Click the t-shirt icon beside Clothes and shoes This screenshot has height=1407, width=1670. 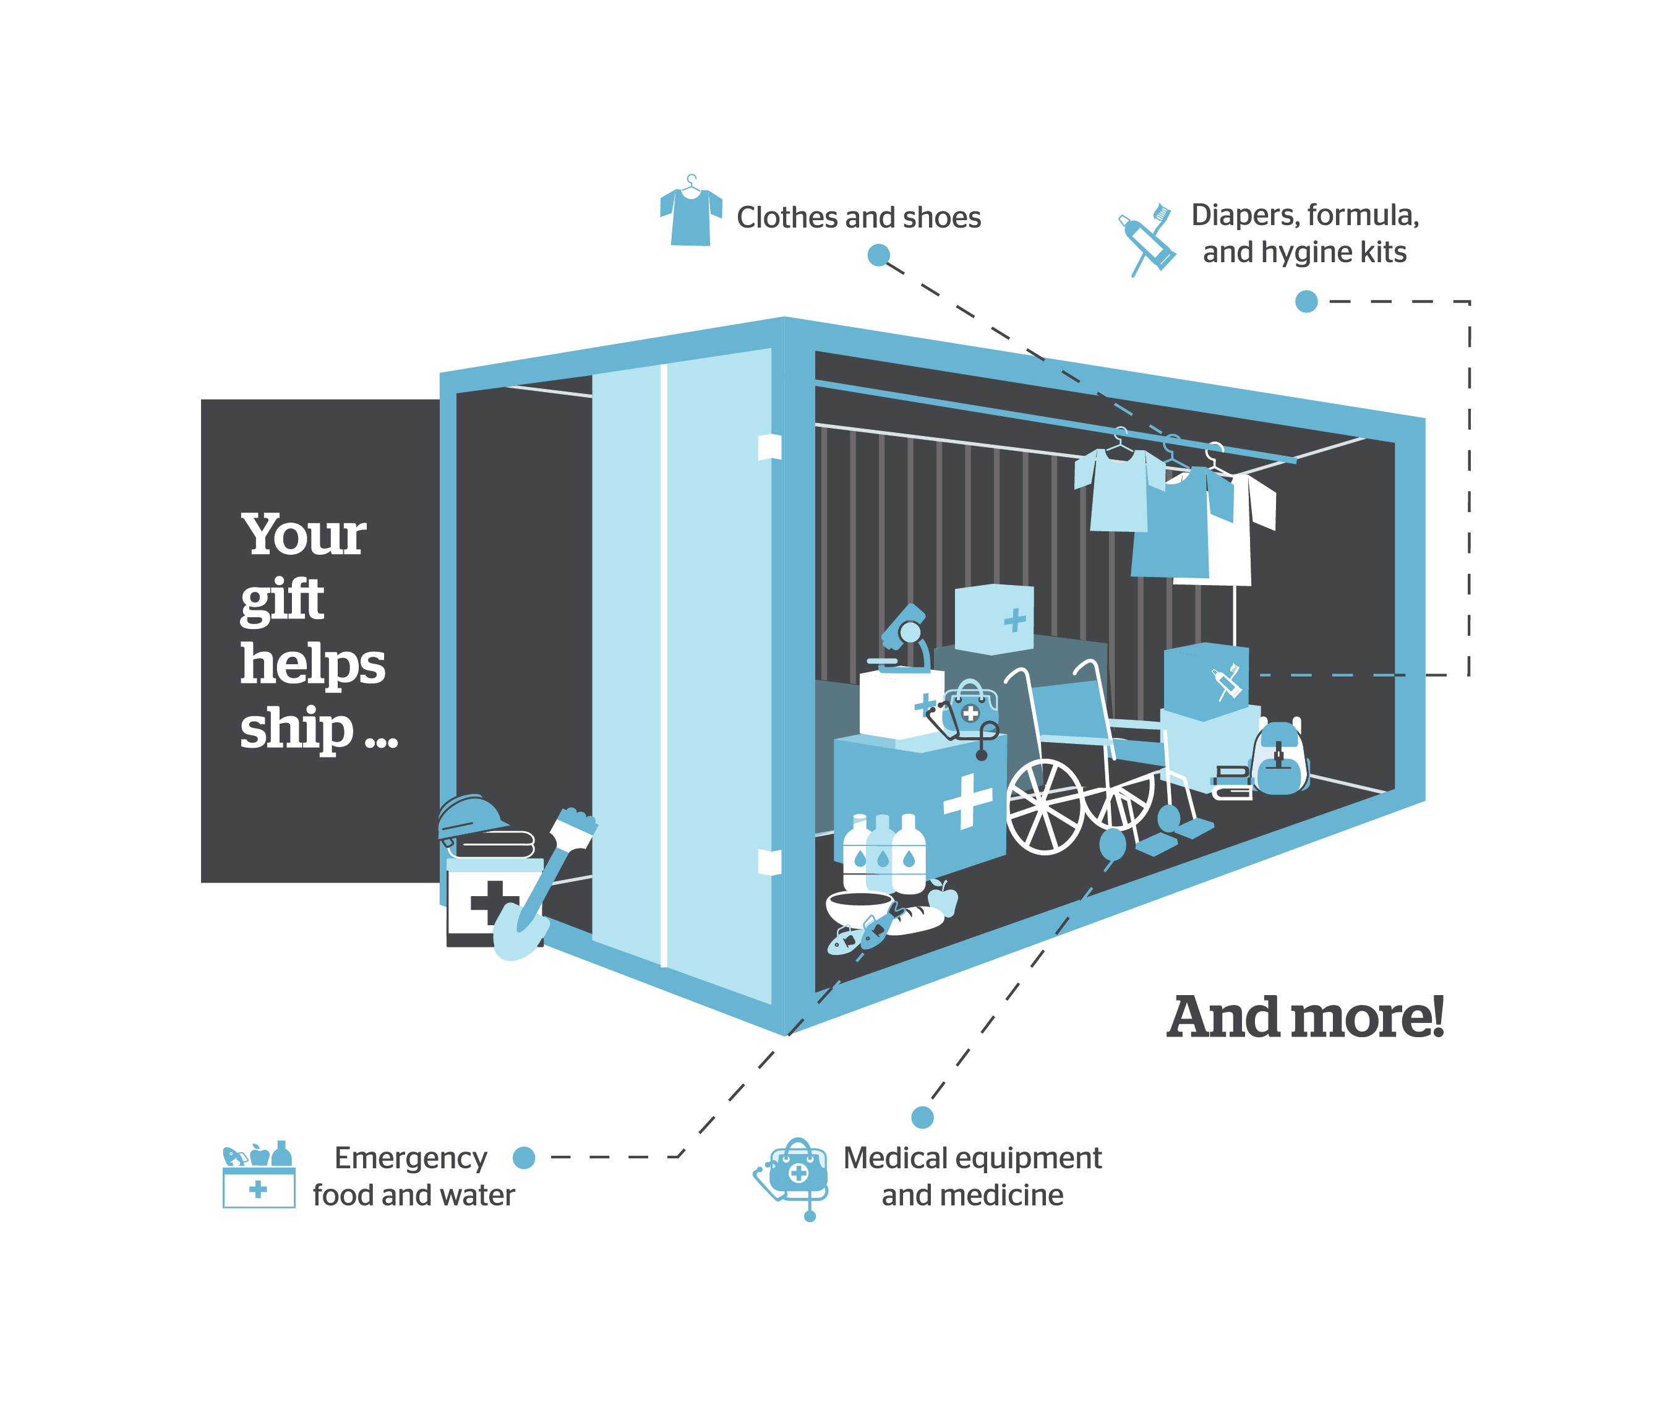point(691,214)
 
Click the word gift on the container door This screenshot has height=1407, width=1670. point(282,600)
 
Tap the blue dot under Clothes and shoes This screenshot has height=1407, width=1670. point(878,256)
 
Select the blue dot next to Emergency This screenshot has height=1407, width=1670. point(524,1157)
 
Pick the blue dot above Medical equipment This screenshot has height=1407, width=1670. point(922,1117)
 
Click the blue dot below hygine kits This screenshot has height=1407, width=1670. point(1306,302)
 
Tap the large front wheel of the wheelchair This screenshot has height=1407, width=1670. point(1045,806)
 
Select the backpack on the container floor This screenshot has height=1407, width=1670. point(1279,759)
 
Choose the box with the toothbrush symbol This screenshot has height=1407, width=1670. point(1205,680)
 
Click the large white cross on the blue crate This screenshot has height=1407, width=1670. point(967,801)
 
